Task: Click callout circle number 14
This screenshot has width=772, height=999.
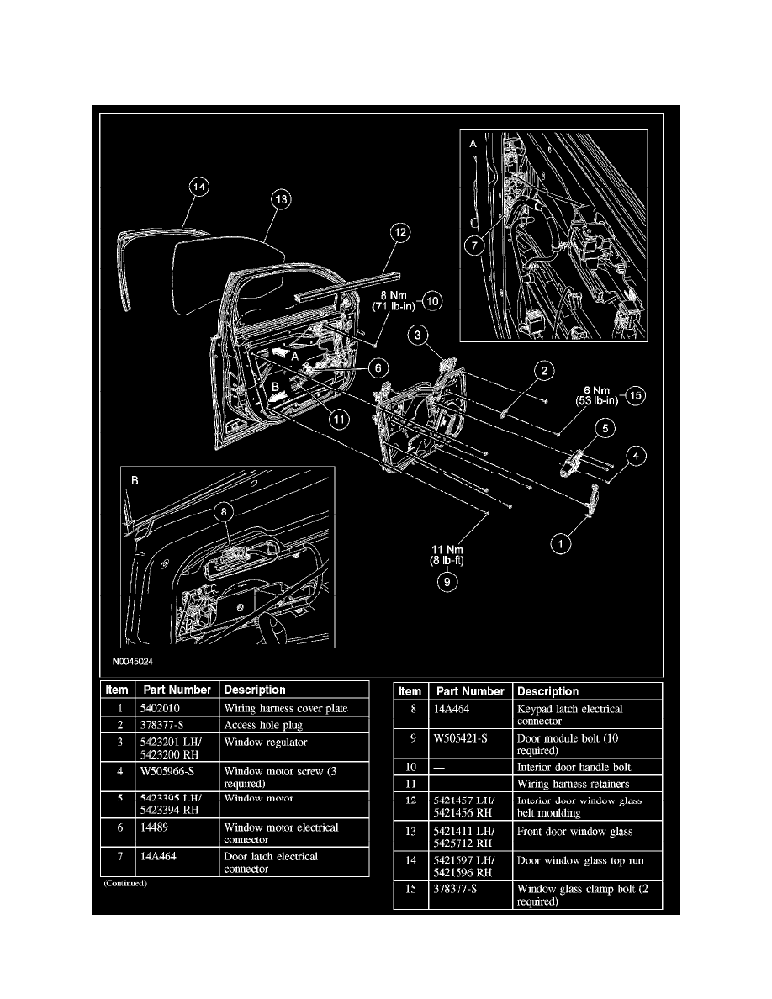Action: (x=198, y=190)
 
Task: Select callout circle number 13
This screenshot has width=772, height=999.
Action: (x=281, y=200)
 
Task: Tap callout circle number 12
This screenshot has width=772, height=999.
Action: (x=401, y=234)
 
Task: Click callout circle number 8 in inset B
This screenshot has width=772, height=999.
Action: (x=223, y=510)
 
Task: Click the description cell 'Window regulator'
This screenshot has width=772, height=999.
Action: (x=266, y=743)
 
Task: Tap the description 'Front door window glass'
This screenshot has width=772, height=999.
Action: (x=574, y=832)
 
